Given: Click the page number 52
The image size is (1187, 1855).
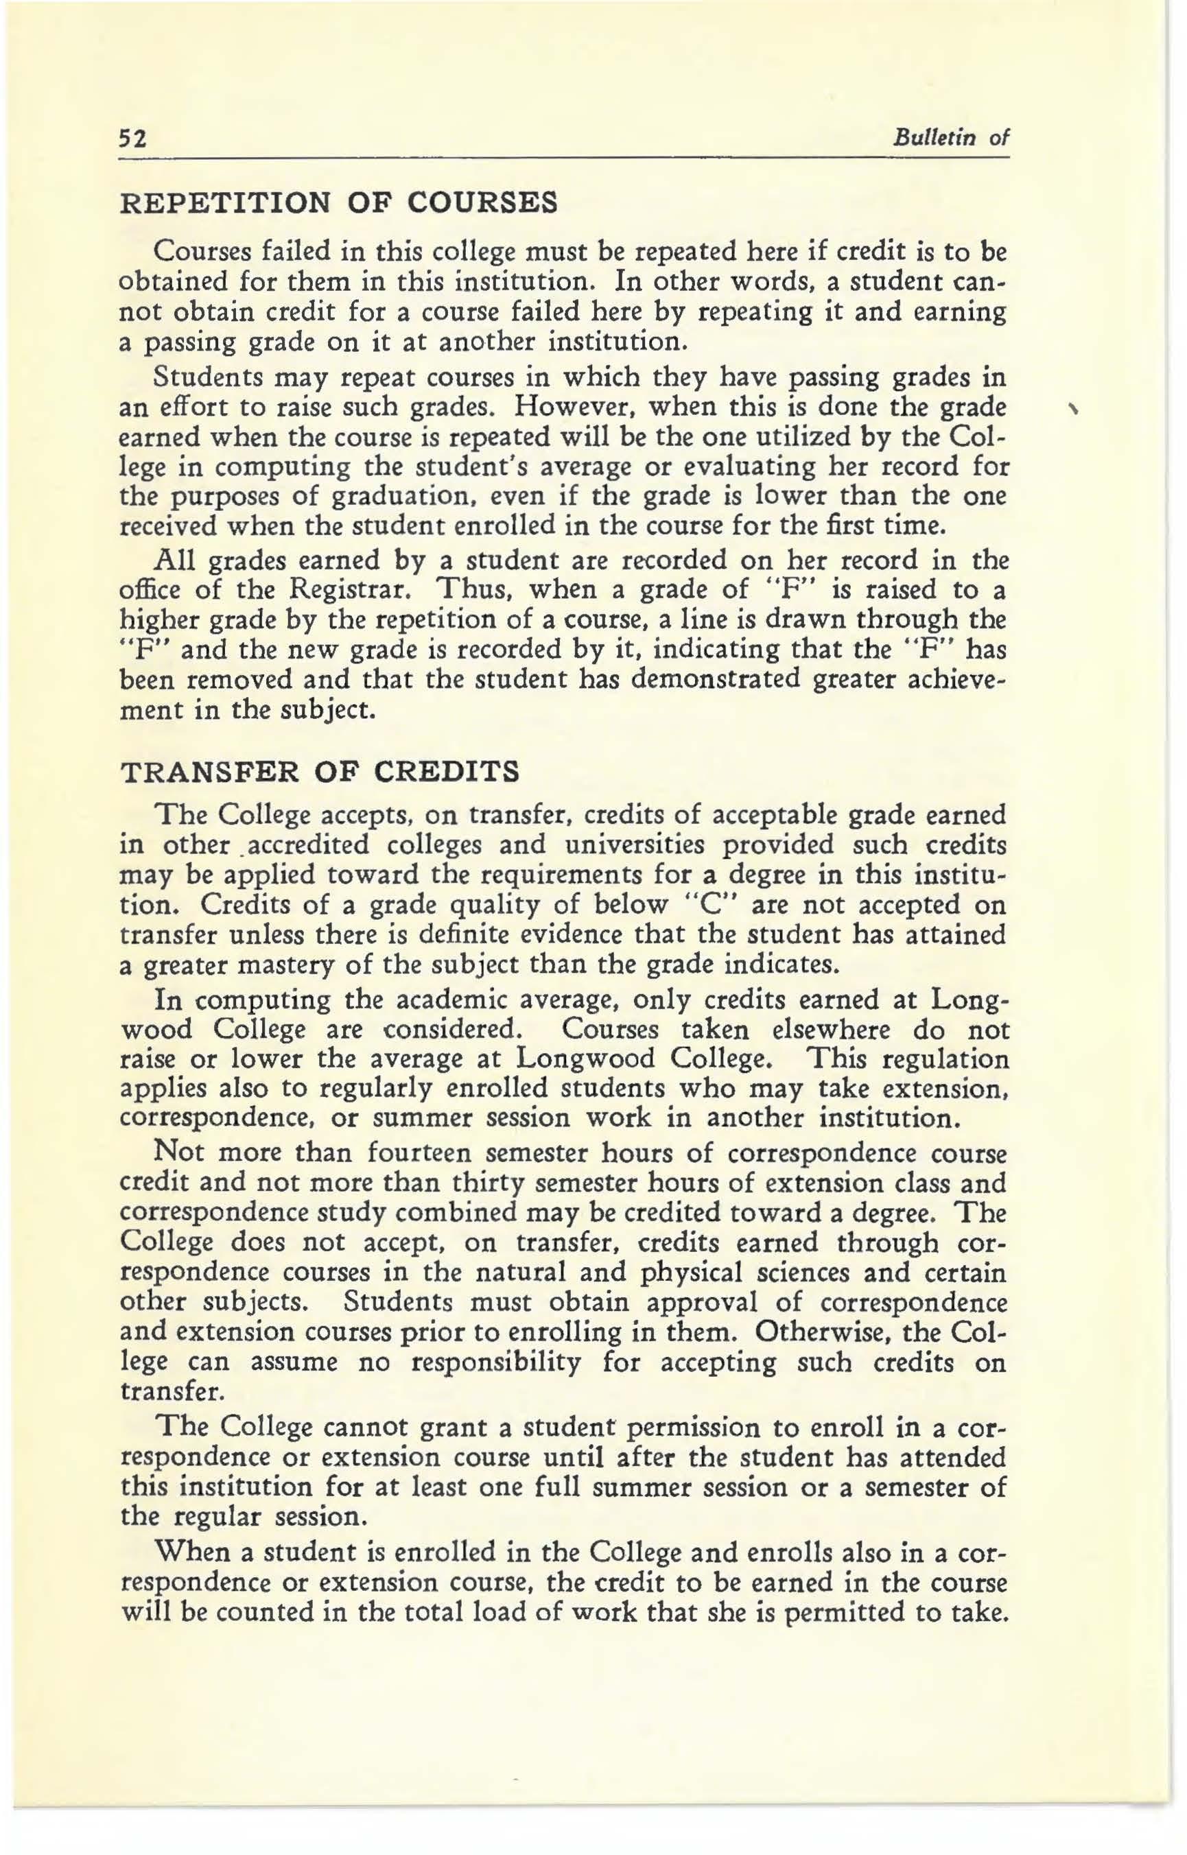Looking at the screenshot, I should [x=132, y=139].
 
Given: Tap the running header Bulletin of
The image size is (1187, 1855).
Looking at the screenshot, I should [x=950, y=138].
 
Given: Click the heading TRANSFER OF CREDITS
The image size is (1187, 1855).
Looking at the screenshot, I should [x=320, y=772].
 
